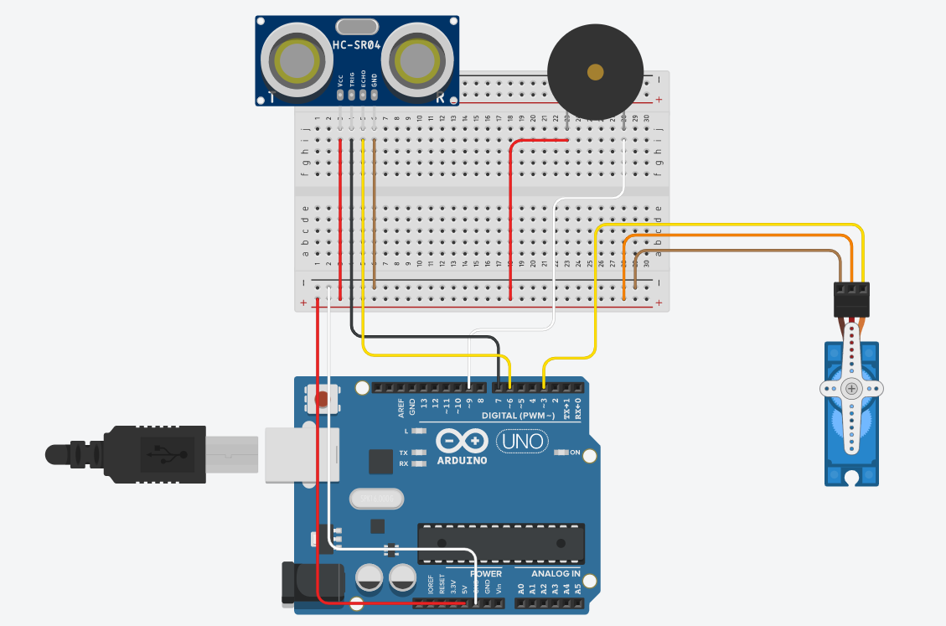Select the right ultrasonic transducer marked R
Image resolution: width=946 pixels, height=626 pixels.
pyautogui.click(x=419, y=60)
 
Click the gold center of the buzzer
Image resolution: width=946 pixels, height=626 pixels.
pyautogui.click(x=595, y=72)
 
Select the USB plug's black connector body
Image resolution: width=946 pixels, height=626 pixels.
pyautogui.click(x=155, y=454)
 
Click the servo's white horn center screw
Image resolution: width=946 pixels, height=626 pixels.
pyautogui.click(x=851, y=389)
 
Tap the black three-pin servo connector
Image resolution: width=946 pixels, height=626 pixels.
pyautogui.click(x=851, y=299)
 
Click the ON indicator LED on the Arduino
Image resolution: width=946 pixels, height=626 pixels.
pyautogui.click(x=561, y=453)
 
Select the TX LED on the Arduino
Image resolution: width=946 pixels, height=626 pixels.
pyautogui.click(x=420, y=453)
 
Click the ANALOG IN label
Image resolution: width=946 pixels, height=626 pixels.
pyautogui.click(x=556, y=574)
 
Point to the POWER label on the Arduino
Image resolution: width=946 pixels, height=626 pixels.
pyautogui.click(x=486, y=574)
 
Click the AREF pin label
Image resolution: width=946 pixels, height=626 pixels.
pyautogui.click(x=401, y=408)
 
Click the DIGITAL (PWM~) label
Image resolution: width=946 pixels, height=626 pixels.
pyautogui.click(x=518, y=416)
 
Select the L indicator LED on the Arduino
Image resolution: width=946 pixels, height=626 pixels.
pyautogui.click(x=420, y=431)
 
